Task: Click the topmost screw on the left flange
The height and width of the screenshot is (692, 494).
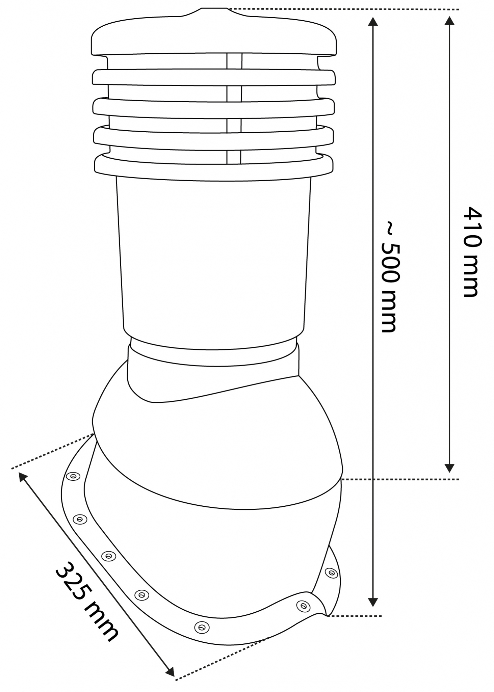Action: click(x=72, y=476)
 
